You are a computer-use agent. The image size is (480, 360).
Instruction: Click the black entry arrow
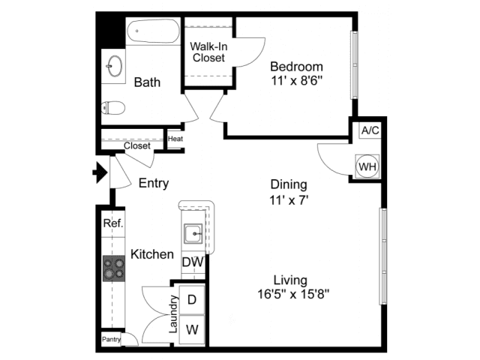pos(100,172)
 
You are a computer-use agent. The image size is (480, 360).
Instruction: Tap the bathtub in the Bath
pos(153,31)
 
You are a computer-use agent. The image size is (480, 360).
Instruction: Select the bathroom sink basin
pos(115,66)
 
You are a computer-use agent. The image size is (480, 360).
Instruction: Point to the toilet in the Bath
pos(113,108)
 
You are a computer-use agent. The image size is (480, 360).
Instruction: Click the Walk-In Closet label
pos(208,52)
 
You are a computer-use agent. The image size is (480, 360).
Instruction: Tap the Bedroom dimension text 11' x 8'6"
pos(297,81)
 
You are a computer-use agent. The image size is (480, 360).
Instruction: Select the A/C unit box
pos(370,130)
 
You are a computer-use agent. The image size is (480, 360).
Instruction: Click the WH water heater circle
pos(367,166)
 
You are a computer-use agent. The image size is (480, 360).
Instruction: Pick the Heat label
pos(175,139)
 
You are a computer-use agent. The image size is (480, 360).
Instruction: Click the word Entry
pos(154,183)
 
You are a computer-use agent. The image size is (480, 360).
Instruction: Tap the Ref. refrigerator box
pos(113,223)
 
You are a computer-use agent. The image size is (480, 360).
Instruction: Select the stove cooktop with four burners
pos(114,268)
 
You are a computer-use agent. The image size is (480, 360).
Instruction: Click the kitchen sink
pos(193,234)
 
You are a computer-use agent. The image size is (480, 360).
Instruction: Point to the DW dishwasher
pos(193,262)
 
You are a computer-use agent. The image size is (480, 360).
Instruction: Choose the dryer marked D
pos(192,300)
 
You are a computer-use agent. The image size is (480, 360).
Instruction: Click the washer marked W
pos(192,330)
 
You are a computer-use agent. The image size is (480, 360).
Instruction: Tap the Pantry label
pos(111,339)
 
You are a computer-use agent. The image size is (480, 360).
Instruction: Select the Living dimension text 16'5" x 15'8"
pos(293,295)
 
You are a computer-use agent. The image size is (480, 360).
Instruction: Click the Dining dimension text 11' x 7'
pos(289,200)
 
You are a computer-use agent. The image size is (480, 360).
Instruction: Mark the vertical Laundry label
pos(173,314)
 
